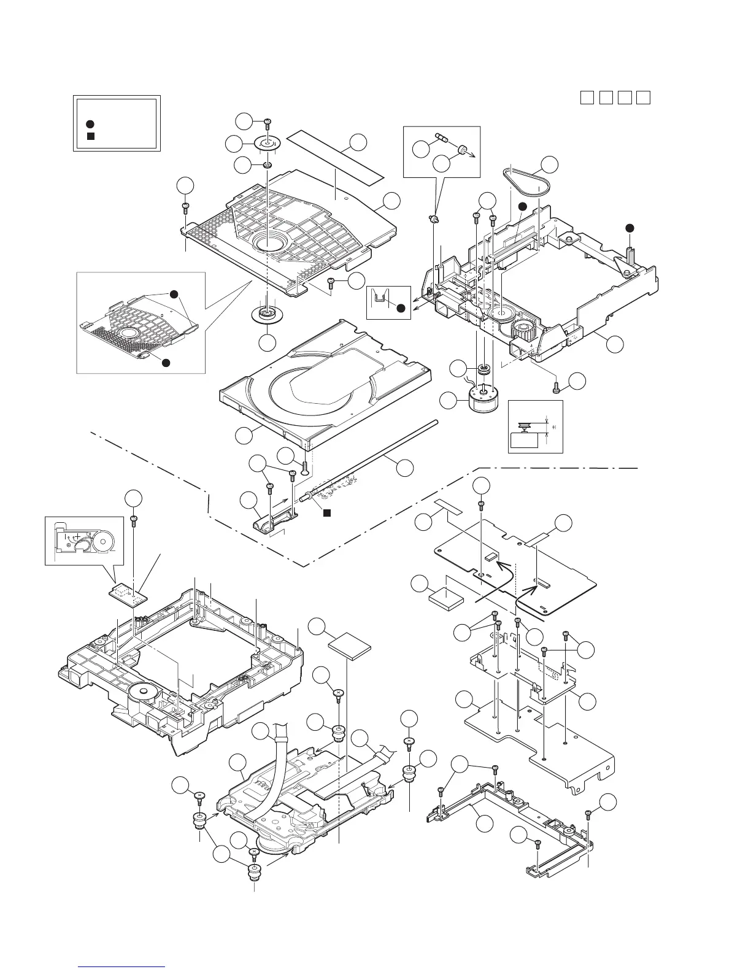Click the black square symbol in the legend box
[x=90, y=136]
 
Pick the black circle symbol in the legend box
[x=90, y=123]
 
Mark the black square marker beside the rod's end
[x=327, y=512]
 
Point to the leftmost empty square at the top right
[x=587, y=98]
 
